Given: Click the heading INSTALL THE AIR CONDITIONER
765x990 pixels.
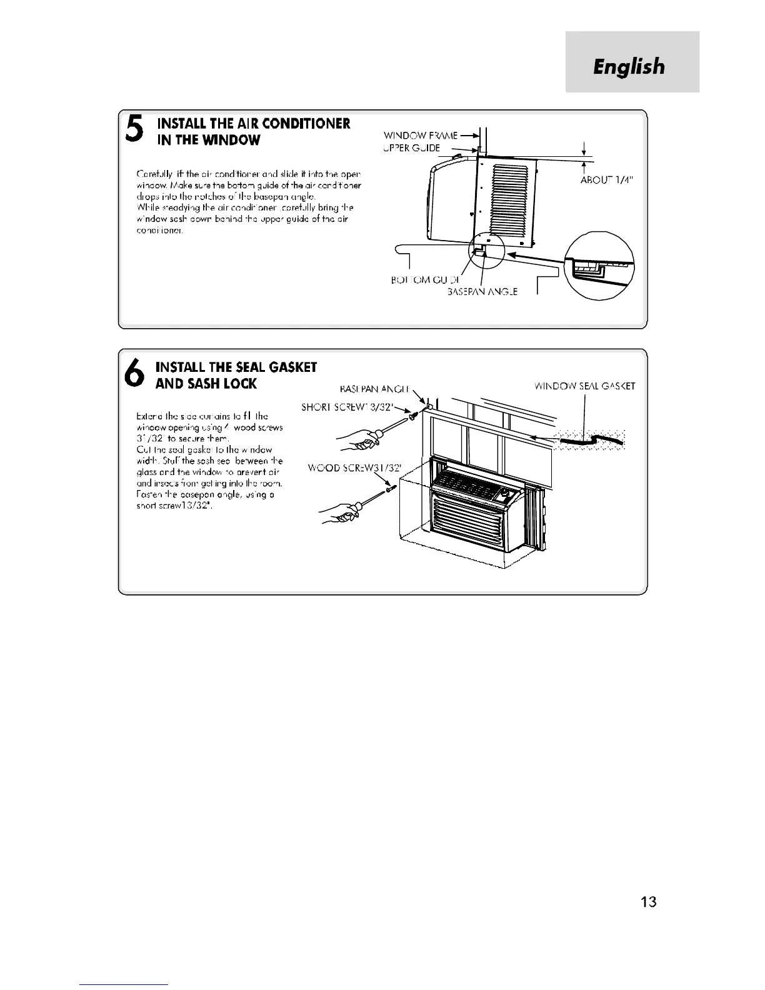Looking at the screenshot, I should click(x=254, y=123).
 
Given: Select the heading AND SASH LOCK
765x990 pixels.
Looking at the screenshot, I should click(x=206, y=383).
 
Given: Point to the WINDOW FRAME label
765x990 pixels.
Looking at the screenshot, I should click(x=420, y=135).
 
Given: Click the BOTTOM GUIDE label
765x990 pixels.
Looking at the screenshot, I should click(x=417, y=280).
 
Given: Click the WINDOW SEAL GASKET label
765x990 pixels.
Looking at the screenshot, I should click(x=585, y=386).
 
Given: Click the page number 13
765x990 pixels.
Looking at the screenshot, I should click(x=649, y=901).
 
